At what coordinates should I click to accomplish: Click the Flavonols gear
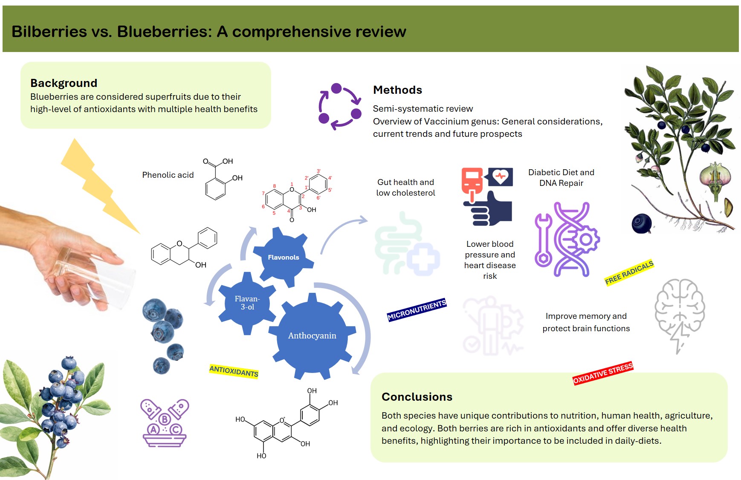click(x=284, y=257)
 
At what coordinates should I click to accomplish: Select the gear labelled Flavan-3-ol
click(x=247, y=303)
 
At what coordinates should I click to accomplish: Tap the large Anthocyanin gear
click(x=312, y=335)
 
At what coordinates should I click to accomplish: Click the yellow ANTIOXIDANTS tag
click(x=234, y=371)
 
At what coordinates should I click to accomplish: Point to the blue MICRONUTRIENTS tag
click(x=417, y=310)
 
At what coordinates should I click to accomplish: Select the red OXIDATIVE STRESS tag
click(x=602, y=373)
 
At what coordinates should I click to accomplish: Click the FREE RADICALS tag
click(x=629, y=273)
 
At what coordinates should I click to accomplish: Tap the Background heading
click(x=64, y=83)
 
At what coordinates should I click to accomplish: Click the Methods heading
click(x=397, y=90)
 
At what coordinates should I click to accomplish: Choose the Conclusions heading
click(x=417, y=397)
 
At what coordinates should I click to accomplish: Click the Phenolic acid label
click(x=168, y=175)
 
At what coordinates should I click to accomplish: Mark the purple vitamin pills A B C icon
click(x=165, y=422)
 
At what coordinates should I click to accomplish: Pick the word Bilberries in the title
click(x=49, y=32)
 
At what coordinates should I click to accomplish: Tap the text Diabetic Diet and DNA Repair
click(x=561, y=178)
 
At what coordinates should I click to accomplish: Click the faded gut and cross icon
click(x=406, y=245)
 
